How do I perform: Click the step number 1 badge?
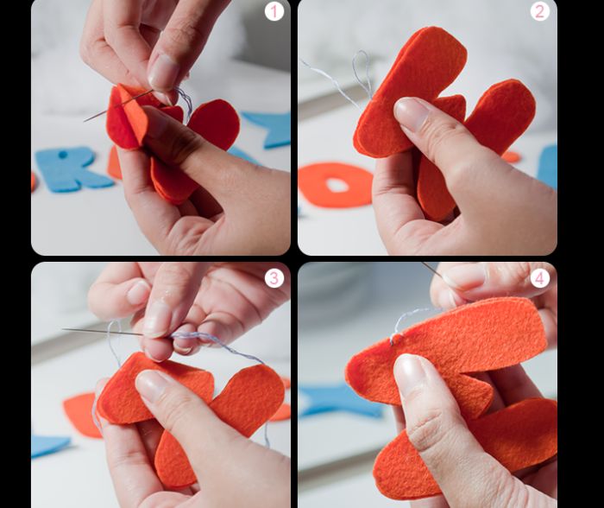[274, 11]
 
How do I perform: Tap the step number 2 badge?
[539, 11]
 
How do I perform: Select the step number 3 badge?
[274, 277]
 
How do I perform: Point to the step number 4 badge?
[539, 277]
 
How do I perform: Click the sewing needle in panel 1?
[118, 105]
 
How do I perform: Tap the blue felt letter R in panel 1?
[66, 169]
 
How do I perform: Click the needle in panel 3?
[102, 332]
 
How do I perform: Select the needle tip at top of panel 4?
[424, 264]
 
